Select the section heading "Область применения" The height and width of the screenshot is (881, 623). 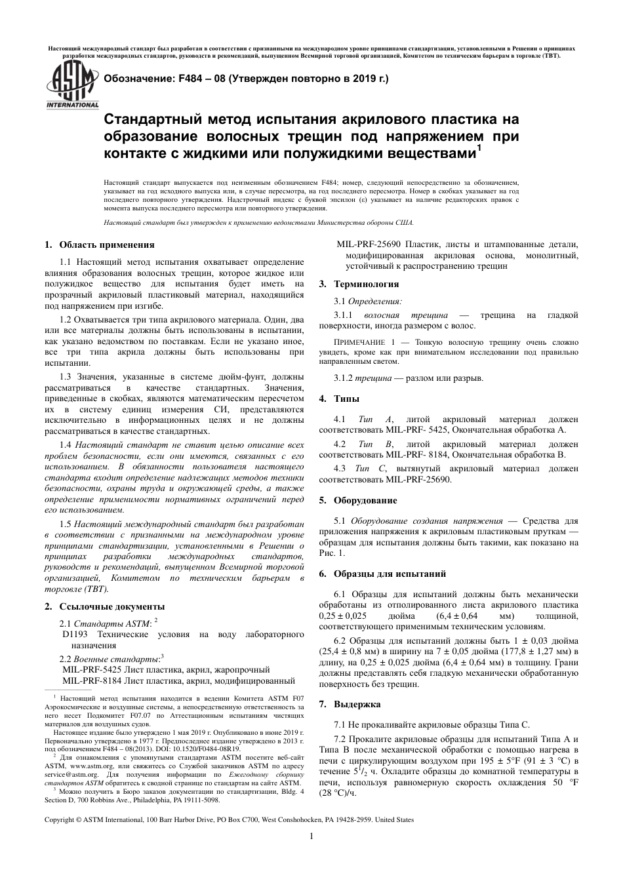[107, 245]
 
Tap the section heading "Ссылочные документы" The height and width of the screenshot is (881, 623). [111, 606]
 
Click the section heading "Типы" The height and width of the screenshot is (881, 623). [347, 399]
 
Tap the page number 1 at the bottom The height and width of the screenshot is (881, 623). [311, 836]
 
